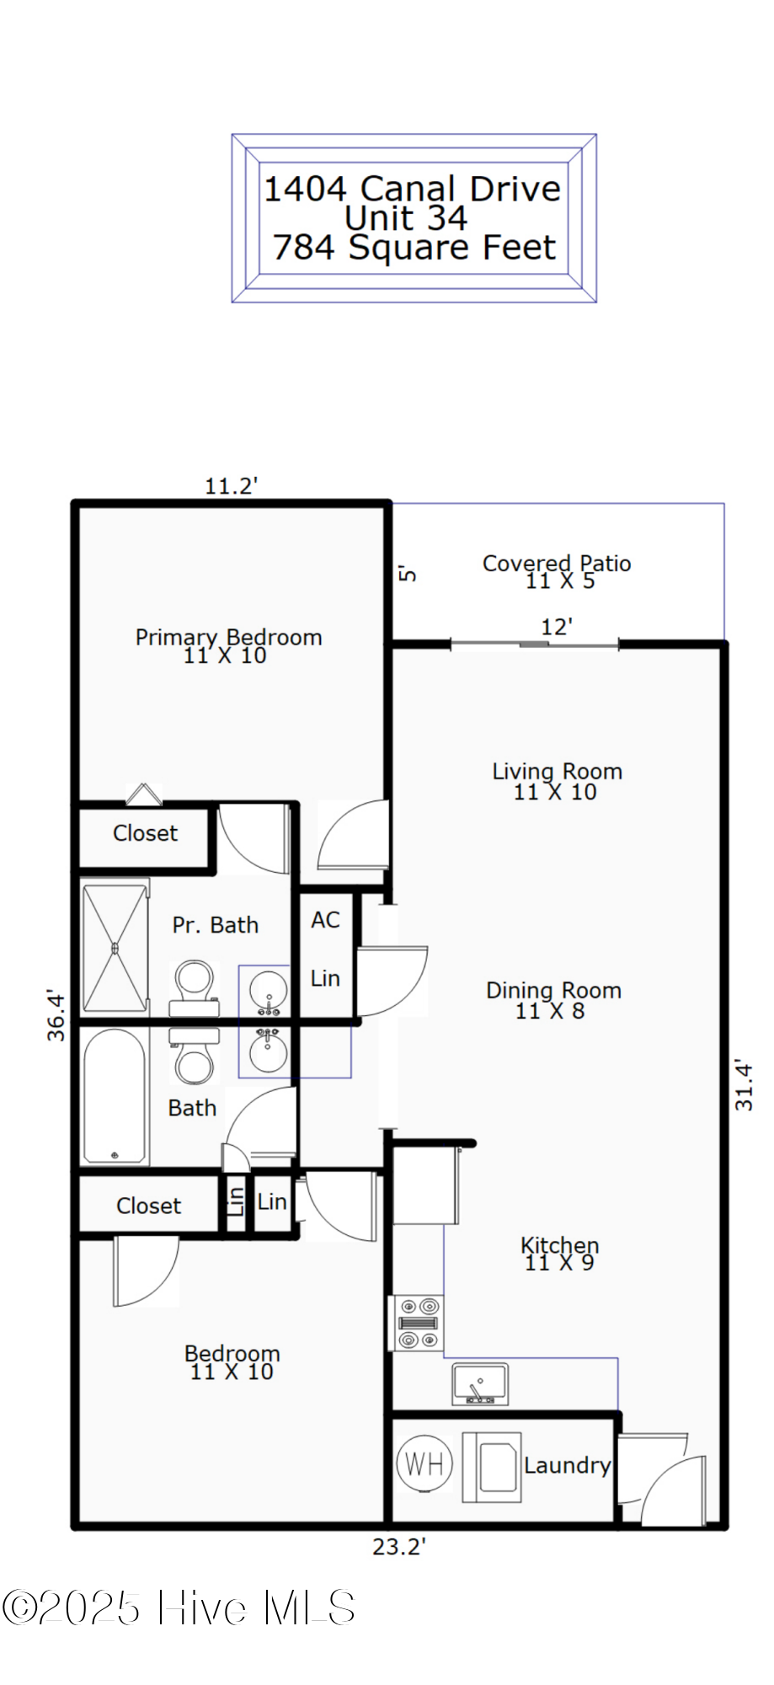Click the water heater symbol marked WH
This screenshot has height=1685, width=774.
tap(424, 1464)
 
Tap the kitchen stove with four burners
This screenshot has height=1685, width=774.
tap(419, 1323)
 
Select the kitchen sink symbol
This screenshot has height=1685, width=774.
tap(480, 1384)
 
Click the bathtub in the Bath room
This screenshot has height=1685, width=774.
tap(115, 1096)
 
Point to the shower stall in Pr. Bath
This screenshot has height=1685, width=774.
tap(115, 948)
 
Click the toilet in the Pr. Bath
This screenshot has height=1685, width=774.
tap(195, 987)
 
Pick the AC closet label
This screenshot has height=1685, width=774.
tap(326, 920)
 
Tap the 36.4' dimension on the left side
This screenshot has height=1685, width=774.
tap(56, 1015)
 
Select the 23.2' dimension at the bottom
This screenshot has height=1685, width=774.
tap(399, 1547)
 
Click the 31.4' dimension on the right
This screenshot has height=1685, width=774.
tap(744, 1085)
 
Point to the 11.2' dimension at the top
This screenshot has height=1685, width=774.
tap(231, 486)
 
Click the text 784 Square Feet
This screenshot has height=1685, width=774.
tap(414, 248)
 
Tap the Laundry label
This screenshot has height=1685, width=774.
tap(567, 1466)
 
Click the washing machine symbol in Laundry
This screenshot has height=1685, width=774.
tap(491, 1467)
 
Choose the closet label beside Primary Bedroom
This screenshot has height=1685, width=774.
tap(145, 833)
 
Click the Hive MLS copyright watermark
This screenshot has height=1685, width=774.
tap(178, 1607)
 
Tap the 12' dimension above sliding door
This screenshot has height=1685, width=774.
tap(557, 627)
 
